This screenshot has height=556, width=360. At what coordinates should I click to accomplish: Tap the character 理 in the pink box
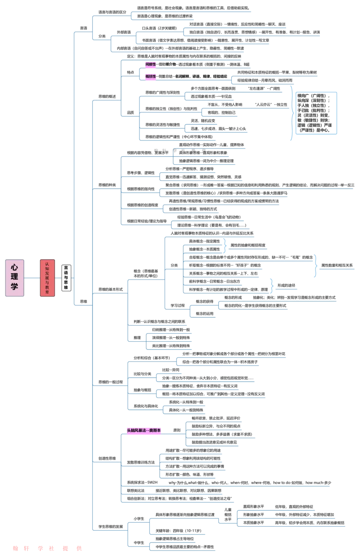[x=14, y=277]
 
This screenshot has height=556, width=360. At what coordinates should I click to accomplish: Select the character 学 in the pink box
[x=14, y=287]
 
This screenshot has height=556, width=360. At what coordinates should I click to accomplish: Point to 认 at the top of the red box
[x=47, y=263]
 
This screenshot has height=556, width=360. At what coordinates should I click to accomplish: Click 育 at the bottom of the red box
[x=47, y=293]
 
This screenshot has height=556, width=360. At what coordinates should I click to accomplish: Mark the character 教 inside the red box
[x=47, y=287]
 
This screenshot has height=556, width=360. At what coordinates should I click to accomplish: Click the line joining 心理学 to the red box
[x=32, y=279]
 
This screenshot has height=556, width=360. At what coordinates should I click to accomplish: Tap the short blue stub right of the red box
[x=58, y=279]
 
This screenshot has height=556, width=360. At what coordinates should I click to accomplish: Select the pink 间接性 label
[x=150, y=64]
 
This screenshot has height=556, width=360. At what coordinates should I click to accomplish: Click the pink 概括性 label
[x=150, y=77]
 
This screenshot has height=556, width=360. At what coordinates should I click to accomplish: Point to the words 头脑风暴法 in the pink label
[x=137, y=431]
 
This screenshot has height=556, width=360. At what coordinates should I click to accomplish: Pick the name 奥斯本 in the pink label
[x=155, y=431]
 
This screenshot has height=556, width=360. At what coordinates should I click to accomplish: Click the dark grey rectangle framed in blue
[x=316, y=113]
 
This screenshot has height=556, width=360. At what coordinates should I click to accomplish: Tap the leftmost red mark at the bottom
[x=15, y=548]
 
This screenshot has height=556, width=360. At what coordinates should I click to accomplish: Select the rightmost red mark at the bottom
[x=80, y=548]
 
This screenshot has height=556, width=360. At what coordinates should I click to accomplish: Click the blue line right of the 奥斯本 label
[x=173, y=434]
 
